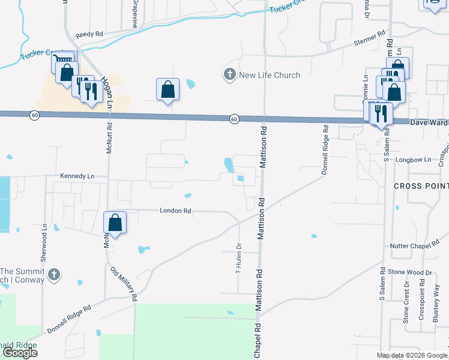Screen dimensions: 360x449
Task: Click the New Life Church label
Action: [270, 75]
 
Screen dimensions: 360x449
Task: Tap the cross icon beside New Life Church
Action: [229, 75]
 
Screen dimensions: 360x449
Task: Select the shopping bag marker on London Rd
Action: [116, 223]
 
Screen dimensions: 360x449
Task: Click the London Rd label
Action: [175, 211]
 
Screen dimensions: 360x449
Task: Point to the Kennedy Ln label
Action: [77, 176]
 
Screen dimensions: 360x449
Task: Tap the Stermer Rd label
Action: [369, 39]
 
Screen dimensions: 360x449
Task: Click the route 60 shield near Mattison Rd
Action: [234, 119]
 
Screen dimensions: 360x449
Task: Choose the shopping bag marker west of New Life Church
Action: [168, 90]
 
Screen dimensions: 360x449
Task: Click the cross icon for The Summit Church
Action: [53, 275]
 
